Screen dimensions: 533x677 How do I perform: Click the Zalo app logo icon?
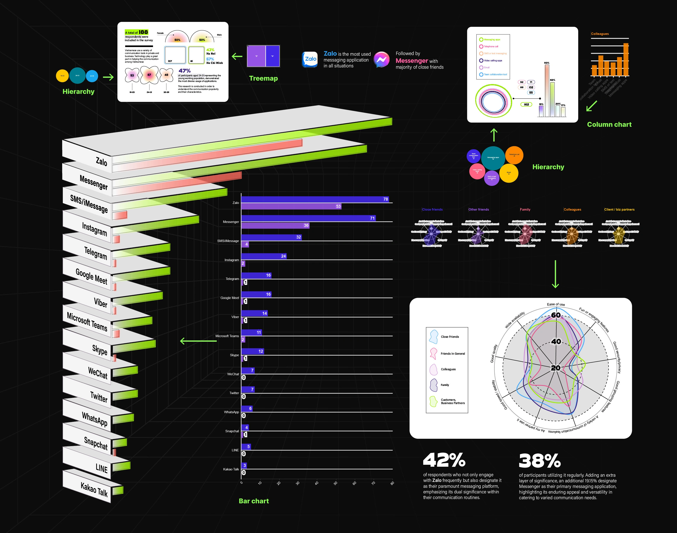[310, 59]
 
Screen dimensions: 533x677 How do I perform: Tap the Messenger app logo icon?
[382, 60]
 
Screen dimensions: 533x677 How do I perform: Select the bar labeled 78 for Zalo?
[315, 199]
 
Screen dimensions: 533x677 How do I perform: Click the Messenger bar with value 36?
[275, 225]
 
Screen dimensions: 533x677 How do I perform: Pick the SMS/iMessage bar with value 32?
[271, 237]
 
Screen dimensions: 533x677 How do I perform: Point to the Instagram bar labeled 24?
[264, 256]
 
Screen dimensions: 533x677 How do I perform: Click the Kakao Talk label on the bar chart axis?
[231, 469]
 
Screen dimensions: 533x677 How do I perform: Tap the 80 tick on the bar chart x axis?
[392, 483]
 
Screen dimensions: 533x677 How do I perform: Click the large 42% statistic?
[444, 460]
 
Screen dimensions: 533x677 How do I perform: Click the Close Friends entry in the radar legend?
[450, 337]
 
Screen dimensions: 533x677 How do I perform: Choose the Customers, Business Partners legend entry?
[452, 401]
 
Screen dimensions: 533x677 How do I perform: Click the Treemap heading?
[263, 78]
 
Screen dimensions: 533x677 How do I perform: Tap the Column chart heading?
[609, 125]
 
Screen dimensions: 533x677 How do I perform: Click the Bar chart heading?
[254, 501]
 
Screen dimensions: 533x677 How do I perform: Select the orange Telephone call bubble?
[514, 155]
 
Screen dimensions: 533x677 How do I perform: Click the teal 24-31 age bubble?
[77, 76]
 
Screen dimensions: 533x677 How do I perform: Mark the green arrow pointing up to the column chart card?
[494, 135]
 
